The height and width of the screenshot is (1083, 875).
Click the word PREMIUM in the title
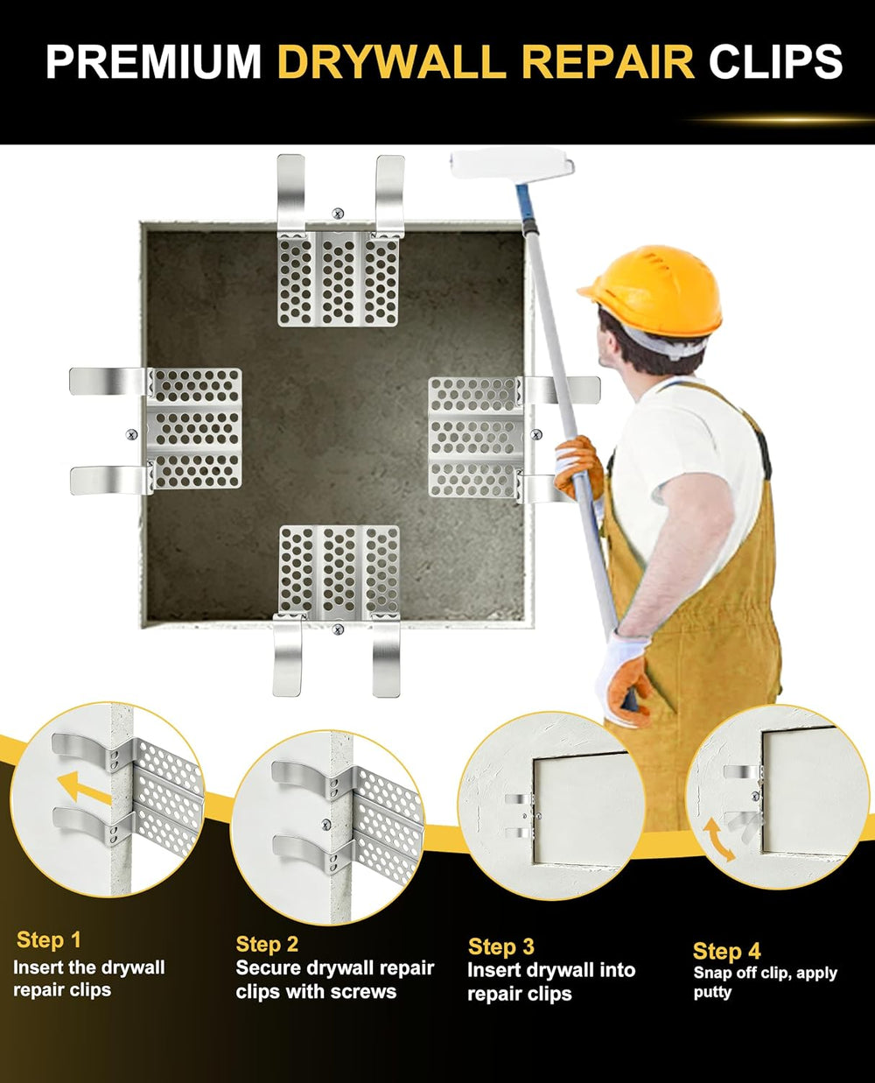(x=153, y=61)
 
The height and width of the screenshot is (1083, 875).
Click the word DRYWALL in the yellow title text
(x=392, y=61)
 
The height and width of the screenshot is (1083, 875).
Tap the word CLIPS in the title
(x=775, y=61)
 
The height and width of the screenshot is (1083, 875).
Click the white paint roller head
(x=512, y=163)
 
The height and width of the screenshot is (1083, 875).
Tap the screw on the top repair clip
(x=338, y=214)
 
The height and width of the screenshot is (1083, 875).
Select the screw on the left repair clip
(x=131, y=434)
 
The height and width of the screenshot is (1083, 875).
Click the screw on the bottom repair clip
(x=338, y=630)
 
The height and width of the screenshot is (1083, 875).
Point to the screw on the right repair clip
(x=536, y=434)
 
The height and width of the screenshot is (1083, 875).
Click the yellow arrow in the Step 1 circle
(x=83, y=788)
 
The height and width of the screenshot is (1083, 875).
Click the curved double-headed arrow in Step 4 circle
(x=718, y=840)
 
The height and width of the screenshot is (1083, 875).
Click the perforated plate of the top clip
(x=338, y=279)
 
